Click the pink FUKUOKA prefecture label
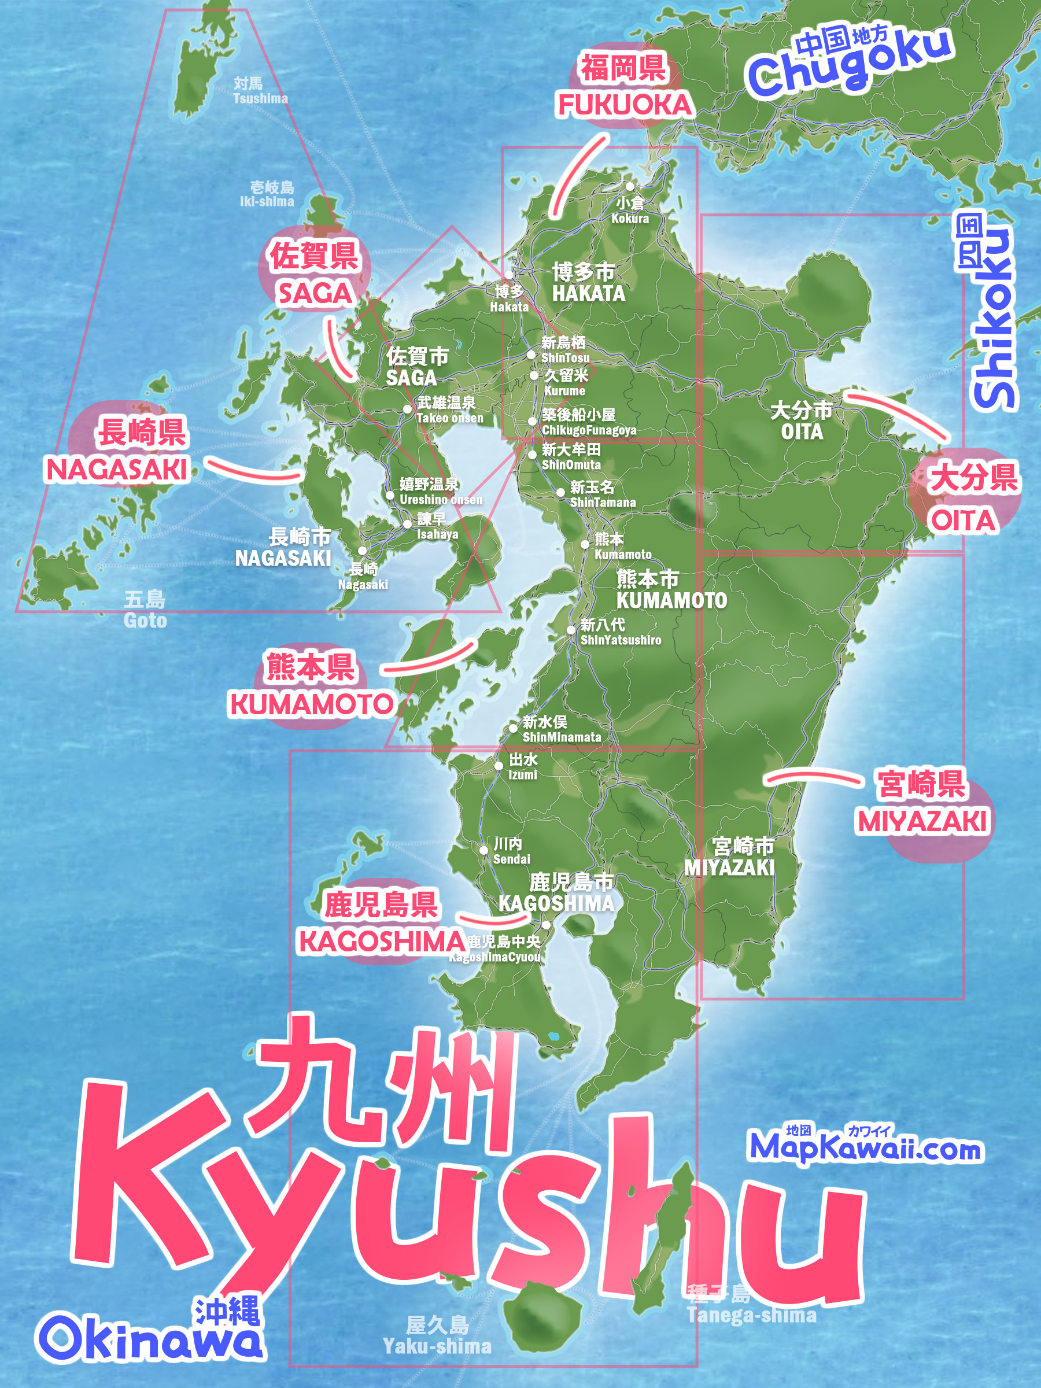click(625, 105)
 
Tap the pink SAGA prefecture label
click(315, 293)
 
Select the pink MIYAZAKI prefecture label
click(922, 821)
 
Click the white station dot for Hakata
click(509, 275)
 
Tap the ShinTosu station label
click(564, 350)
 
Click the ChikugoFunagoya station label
click(588, 422)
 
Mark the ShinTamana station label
click(602, 494)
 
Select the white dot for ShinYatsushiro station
click(571, 629)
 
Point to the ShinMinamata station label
click(561, 729)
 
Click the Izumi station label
click(523, 767)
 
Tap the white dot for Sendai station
click(484, 850)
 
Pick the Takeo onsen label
click(449, 411)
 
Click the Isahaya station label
click(437, 526)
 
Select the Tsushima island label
click(260, 91)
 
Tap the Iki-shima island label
click(267, 194)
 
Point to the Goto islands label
click(145, 610)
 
